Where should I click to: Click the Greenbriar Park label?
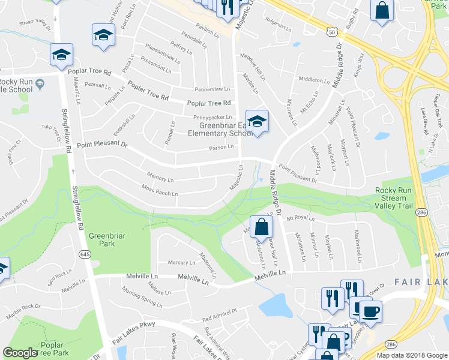(x=107, y=240)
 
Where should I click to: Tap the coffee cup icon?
(x=370, y=311)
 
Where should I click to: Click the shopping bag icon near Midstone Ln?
(x=261, y=227)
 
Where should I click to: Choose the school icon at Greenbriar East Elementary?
(x=257, y=122)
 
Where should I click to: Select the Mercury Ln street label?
(x=181, y=263)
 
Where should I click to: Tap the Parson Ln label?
(x=221, y=148)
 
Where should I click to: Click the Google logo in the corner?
(x=20, y=353)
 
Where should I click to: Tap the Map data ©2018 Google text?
(x=411, y=355)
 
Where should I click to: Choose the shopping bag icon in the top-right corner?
(x=381, y=11)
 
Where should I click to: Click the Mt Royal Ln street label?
(x=301, y=218)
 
